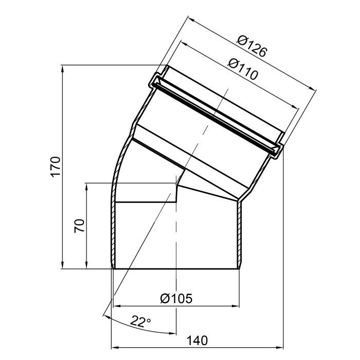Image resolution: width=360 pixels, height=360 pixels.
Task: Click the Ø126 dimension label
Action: (x=252, y=46)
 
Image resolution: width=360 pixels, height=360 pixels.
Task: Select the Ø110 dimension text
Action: (x=243, y=68)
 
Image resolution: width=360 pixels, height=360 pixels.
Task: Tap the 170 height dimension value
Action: (x=56, y=167)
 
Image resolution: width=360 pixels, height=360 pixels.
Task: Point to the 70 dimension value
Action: (x=79, y=226)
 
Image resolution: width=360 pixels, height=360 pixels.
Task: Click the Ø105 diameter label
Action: (x=176, y=299)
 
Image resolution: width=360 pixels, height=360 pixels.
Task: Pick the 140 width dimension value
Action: (x=197, y=340)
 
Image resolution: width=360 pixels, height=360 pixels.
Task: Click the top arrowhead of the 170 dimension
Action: (x=62, y=68)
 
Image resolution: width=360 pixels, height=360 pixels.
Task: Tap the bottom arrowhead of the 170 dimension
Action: (x=62, y=265)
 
